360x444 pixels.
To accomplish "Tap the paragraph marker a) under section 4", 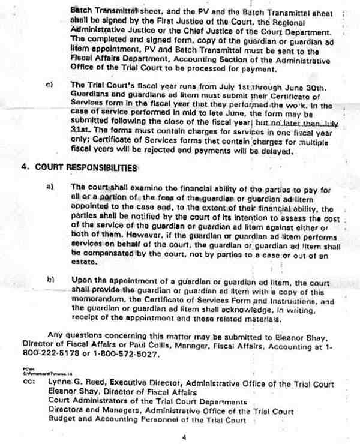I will point(50,187).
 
